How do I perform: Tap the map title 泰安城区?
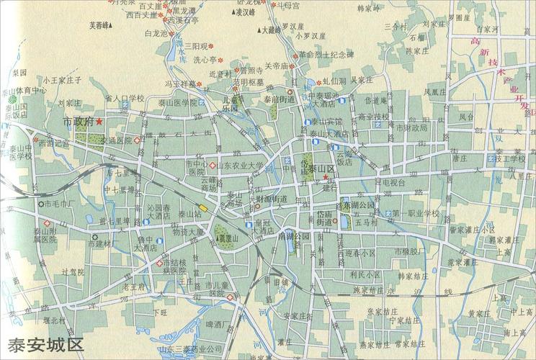tap(45, 343)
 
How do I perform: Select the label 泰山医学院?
tap(172, 103)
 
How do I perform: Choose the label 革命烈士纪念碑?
tap(326, 54)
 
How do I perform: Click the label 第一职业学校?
tap(416, 214)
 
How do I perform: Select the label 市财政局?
tap(411, 127)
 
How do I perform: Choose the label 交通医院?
tap(117, 140)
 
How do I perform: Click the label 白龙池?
tap(156, 33)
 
